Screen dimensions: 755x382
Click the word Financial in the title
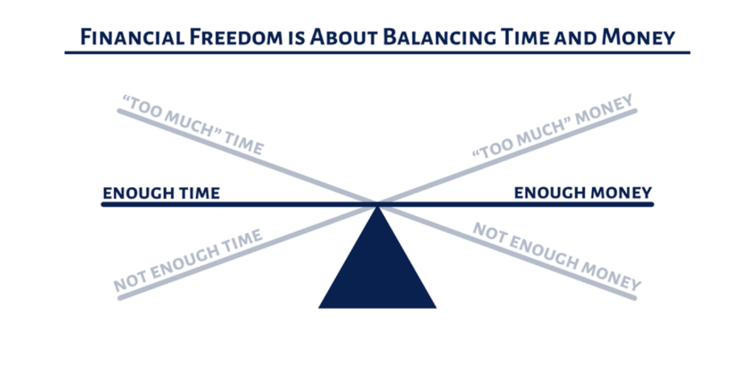tap(132, 37)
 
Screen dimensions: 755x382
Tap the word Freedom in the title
tap(236, 37)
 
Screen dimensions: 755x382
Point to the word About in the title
tap(344, 37)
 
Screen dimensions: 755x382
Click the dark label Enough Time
tap(161, 193)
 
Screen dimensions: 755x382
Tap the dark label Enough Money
tap(583, 193)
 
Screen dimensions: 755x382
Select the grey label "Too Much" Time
tap(193, 125)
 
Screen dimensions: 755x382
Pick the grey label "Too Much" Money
tap(553, 127)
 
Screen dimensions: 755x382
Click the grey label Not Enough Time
tap(188, 260)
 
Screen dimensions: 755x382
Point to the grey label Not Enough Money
tap(557, 257)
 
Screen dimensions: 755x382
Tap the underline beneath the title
tap(377, 52)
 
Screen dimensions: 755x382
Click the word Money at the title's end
tap(638, 37)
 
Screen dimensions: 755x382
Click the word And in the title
tap(575, 38)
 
